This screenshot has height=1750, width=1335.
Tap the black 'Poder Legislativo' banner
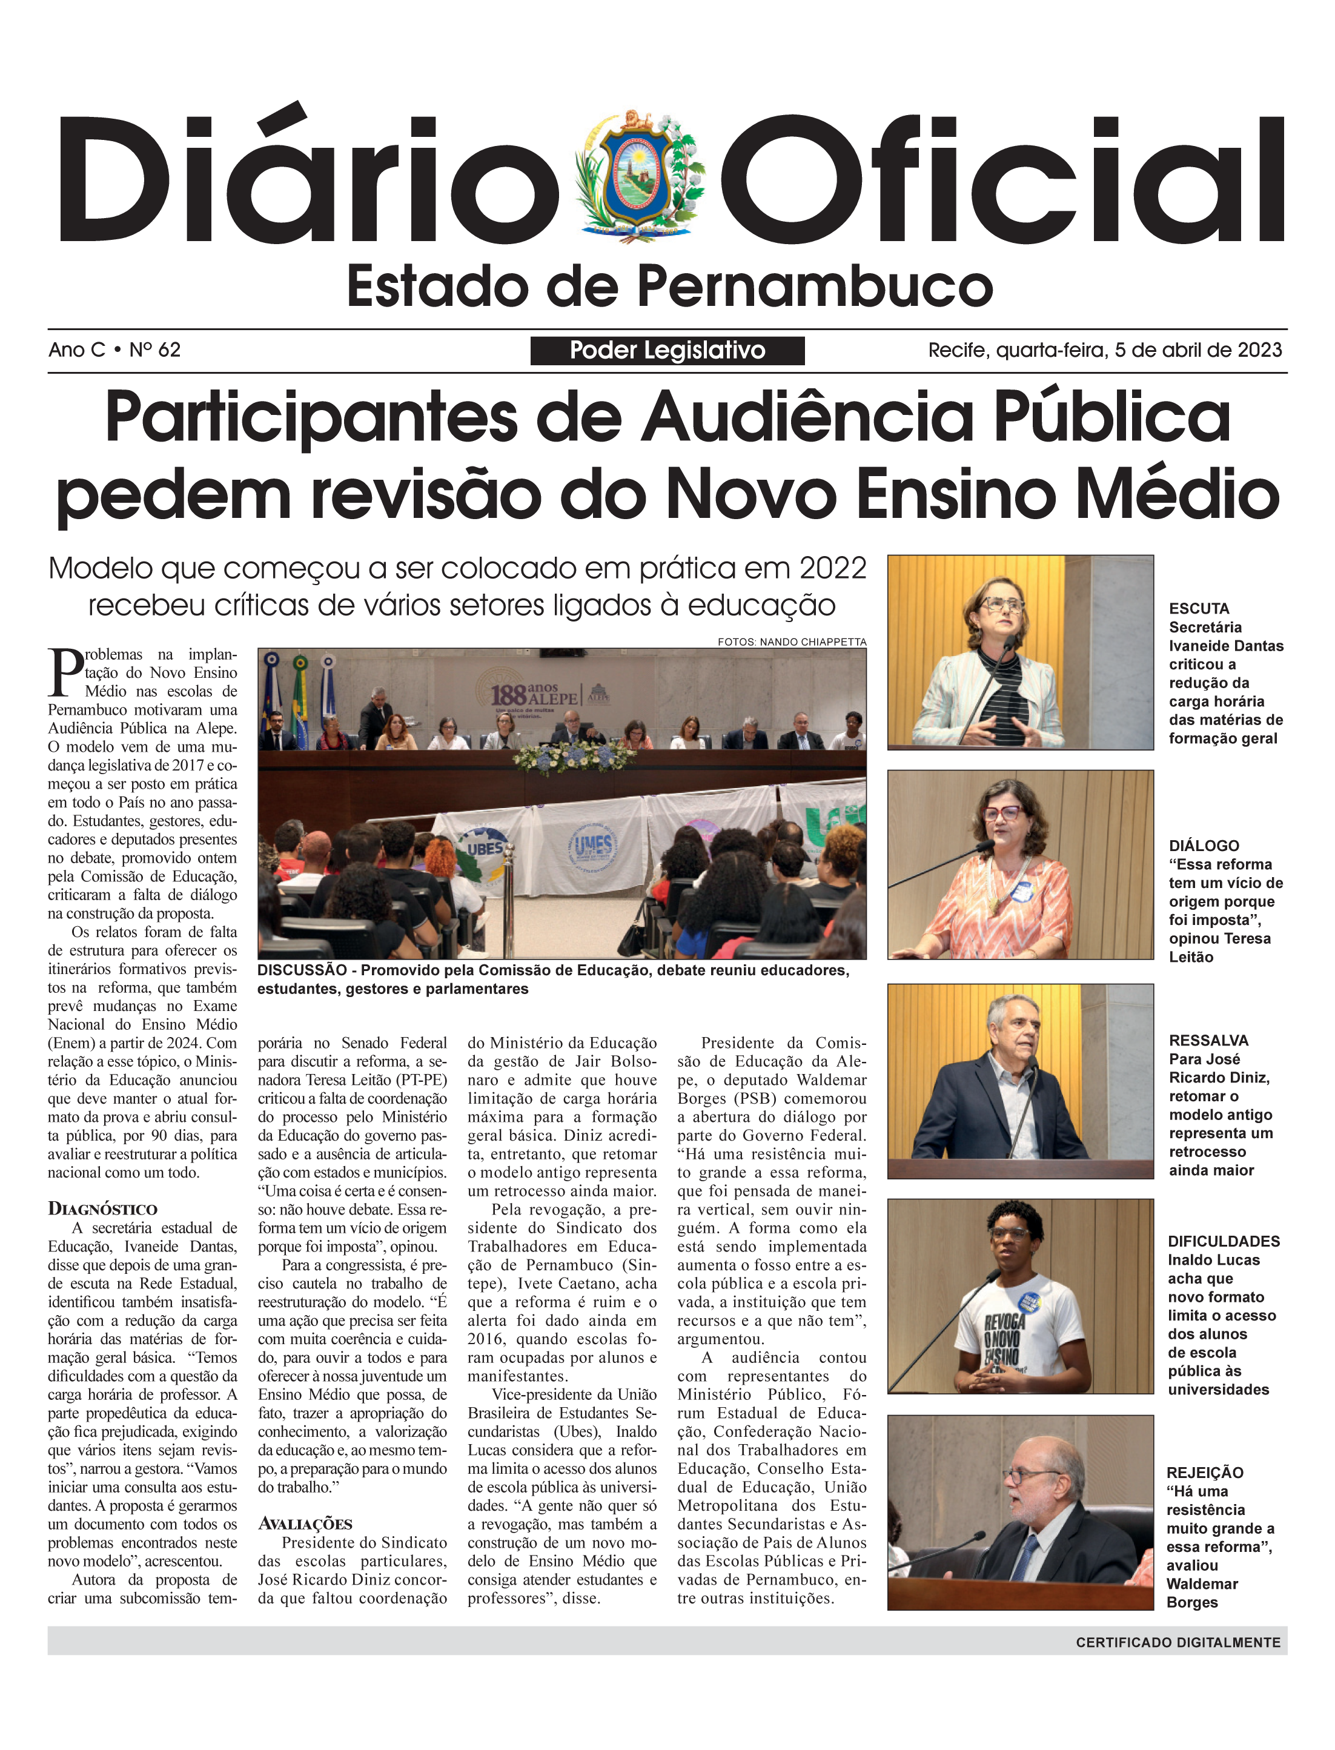point(667,351)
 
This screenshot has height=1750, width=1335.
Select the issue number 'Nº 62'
point(155,350)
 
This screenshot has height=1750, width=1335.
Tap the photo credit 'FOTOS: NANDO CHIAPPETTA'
point(792,641)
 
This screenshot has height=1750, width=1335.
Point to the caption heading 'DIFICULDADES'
point(1223,1241)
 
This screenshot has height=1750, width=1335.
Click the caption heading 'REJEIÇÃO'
point(1205,1473)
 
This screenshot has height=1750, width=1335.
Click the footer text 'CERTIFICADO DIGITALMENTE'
point(1178,1642)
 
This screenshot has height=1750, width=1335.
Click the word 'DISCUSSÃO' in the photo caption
point(302,970)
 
